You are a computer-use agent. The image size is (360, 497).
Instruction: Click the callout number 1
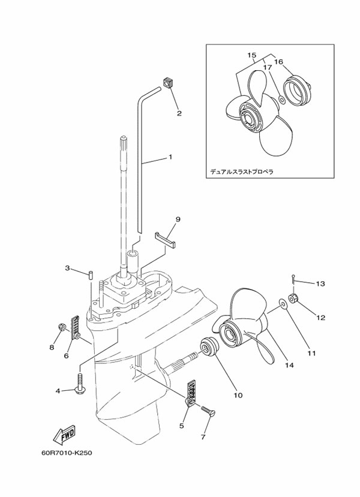coord(170,157)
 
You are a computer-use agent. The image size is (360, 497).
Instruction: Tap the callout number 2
coord(179,112)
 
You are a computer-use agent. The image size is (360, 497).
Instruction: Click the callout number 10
coord(238,395)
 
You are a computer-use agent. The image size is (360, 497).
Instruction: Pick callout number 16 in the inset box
coord(278,62)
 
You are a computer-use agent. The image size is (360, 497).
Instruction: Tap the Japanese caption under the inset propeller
coord(241,171)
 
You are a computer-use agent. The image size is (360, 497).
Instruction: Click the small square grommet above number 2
coord(168,82)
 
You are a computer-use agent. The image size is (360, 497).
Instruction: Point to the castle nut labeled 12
coord(295,298)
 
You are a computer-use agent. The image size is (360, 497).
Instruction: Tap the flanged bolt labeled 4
coord(80,384)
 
